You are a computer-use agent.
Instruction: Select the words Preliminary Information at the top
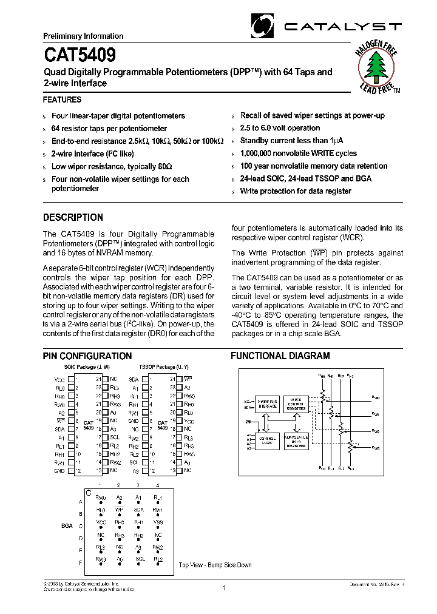[83, 36]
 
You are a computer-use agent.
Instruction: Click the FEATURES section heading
[62, 99]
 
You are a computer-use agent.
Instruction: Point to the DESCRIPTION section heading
[73, 217]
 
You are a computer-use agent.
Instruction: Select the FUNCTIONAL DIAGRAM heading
[280, 356]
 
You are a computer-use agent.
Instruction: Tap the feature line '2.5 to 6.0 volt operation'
[280, 128]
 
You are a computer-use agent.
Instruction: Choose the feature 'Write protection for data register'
[296, 191]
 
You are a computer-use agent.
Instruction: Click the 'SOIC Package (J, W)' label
[87, 368]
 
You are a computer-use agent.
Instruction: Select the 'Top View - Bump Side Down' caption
[214, 565]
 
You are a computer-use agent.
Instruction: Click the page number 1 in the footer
[224, 587]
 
